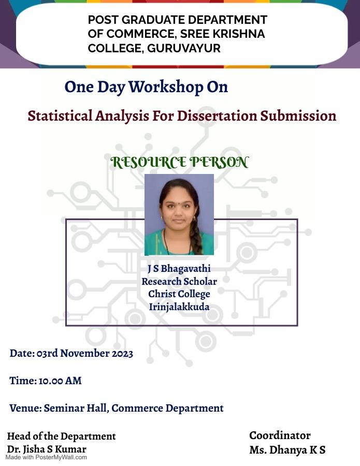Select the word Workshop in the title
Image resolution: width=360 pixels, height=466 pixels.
166,88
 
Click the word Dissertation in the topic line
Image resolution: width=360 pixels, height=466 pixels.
217,115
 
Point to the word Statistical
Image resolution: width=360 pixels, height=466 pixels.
60,115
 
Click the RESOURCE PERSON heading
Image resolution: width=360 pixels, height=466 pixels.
179,162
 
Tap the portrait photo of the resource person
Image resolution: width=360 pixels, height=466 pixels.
179,214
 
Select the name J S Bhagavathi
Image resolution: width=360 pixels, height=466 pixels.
179,269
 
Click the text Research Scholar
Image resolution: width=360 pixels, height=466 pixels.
179,282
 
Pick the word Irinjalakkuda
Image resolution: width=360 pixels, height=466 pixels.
179,307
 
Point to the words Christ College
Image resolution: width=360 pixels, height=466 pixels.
179,294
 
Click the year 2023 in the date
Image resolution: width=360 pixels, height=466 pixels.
122,353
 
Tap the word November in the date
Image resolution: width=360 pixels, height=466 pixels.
85,353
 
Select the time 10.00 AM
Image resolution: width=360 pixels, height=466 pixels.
60,381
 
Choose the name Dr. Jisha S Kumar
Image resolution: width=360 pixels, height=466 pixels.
47,449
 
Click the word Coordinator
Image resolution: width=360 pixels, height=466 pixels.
280,435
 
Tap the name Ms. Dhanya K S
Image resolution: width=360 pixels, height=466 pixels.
287,450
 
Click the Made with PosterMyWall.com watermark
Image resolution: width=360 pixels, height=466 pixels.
46,458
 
